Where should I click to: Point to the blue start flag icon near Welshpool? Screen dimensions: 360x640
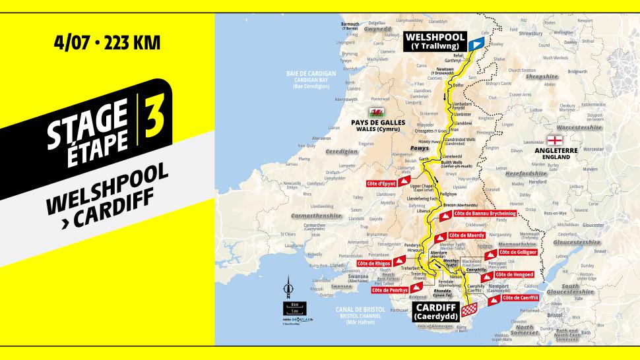(478, 42)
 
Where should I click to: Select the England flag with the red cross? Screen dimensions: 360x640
(554, 140)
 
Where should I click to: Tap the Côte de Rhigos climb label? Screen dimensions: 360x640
(375, 264)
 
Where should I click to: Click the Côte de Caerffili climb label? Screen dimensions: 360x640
(521, 298)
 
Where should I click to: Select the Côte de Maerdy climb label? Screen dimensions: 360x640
(466, 235)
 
